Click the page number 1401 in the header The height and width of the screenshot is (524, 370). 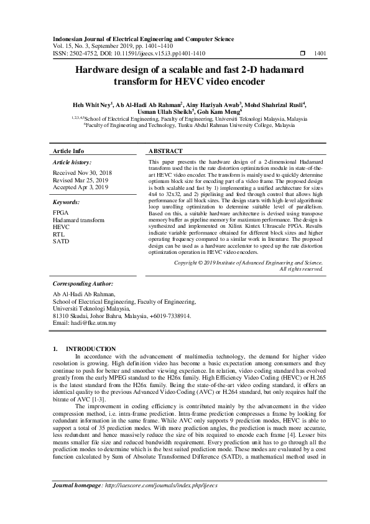pyautogui.click(x=321, y=54)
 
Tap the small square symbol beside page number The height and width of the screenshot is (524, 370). pyautogui.click(x=302, y=54)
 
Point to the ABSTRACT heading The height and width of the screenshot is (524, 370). pyautogui.click(x=166, y=151)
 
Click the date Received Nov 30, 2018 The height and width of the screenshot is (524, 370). pyautogui.click(x=83, y=172)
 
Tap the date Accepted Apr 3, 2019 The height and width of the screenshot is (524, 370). pyautogui.click(x=81, y=187)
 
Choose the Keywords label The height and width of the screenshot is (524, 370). pyautogui.click(x=67, y=202)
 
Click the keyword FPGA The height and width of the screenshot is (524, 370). pyautogui.click(x=61, y=213)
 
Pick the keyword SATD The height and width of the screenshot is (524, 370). pyautogui.click(x=61, y=241)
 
